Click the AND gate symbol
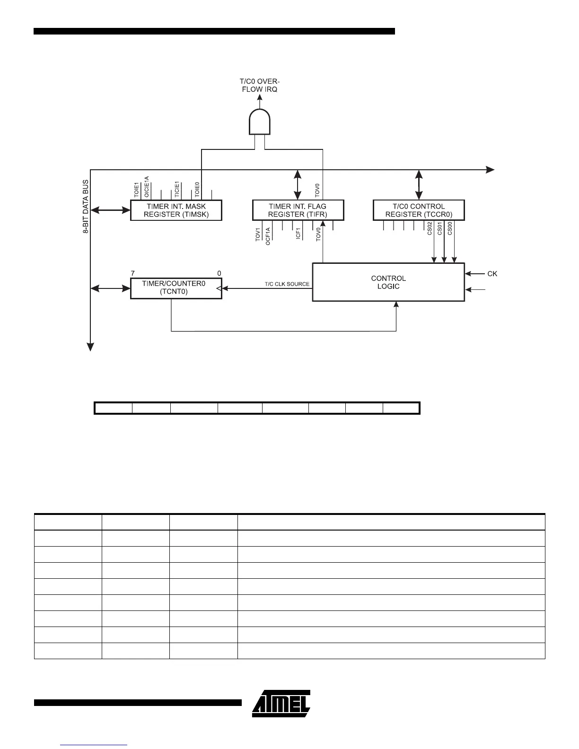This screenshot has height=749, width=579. [x=260, y=122]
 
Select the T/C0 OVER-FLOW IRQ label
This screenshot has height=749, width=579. [x=259, y=85]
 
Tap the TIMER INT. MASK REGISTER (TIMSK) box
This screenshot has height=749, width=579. [x=176, y=210]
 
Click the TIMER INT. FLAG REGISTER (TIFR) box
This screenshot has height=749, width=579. [x=298, y=210]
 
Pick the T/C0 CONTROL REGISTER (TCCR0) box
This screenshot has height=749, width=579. [x=419, y=210]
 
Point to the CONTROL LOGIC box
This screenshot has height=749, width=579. [x=388, y=282]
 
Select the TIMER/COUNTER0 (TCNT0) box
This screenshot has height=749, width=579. [x=176, y=288]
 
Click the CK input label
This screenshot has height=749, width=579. [x=492, y=274]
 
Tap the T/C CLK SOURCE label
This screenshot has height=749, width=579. [x=287, y=284]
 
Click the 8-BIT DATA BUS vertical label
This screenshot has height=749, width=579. [x=86, y=206]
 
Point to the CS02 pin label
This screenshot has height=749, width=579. [x=430, y=229]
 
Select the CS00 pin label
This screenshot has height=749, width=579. [x=450, y=229]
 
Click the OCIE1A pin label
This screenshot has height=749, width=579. [x=147, y=187]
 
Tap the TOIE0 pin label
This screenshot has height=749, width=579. [x=197, y=189]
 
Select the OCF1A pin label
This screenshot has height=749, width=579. [x=268, y=236]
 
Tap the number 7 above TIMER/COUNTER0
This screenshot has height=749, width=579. [x=133, y=273]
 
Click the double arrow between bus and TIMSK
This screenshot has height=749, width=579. [x=111, y=209]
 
